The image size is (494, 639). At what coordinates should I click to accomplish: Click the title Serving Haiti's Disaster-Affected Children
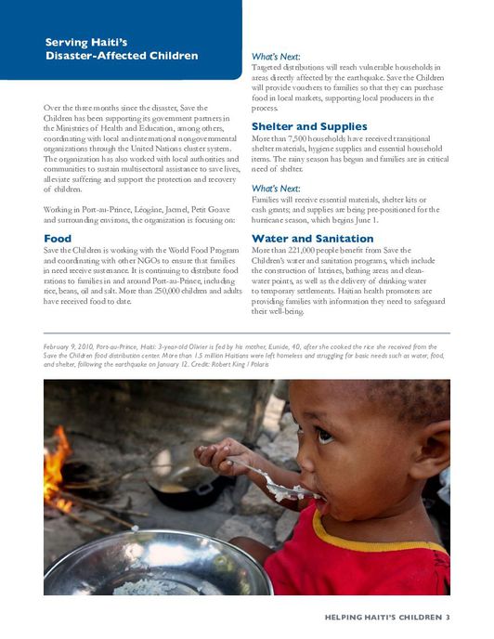(122, 49)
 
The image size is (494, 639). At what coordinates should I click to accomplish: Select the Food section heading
(58, 239)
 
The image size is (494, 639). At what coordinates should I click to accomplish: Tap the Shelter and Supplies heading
(310, 126)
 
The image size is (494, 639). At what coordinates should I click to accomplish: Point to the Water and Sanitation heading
(311, 239)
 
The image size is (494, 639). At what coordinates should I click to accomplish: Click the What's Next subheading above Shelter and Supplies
(278, 58)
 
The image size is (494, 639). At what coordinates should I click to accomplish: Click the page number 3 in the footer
(448, 617)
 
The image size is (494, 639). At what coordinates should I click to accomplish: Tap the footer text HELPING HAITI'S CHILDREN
(382, 617)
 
